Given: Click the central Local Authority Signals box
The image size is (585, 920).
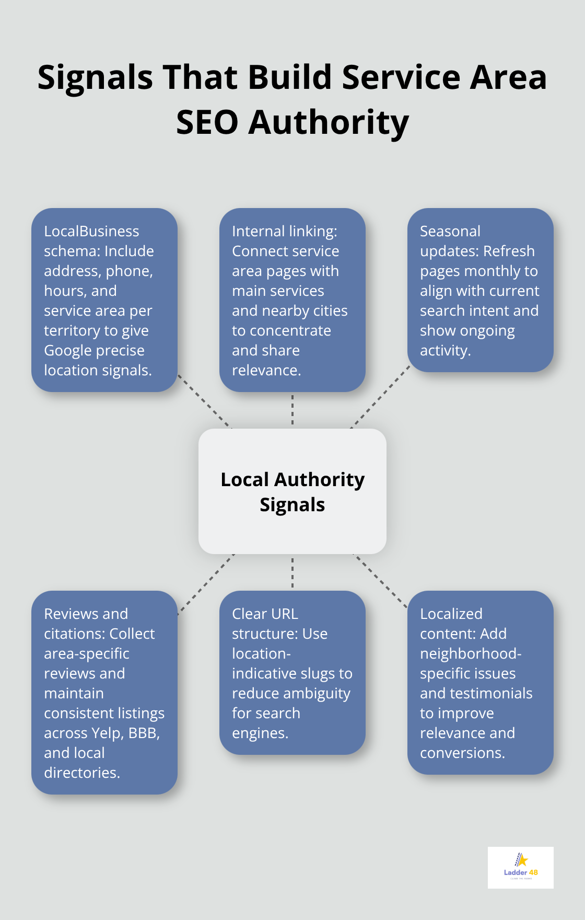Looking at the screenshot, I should [292, 491].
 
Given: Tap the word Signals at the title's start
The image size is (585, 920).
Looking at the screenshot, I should [95, 77].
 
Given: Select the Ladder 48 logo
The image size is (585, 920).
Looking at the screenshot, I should [520, 867].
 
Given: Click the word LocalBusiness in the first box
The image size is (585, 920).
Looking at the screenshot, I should [91, 231].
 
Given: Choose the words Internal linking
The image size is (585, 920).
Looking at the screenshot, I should [284, 231].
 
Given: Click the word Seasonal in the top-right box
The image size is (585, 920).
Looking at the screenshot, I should [450, 231].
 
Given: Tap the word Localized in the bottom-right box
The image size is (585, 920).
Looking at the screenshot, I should [451, 614].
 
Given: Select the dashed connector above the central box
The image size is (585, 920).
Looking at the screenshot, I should [292, 410].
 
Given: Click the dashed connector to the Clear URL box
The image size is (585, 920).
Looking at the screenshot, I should [292, 572].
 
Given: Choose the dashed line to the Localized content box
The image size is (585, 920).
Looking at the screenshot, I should [381, 581].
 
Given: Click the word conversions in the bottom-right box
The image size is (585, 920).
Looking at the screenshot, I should [462, 753].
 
